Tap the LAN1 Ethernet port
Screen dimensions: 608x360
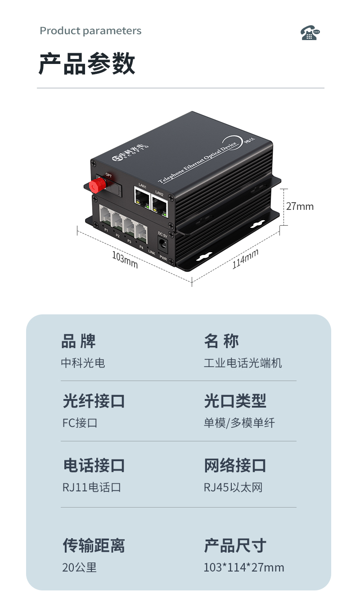point(142,197)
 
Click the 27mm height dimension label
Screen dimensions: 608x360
point(300,206)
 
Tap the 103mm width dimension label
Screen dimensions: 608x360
point(125,260)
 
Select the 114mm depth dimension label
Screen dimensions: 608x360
point(245,259)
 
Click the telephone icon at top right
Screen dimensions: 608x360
point(310,33)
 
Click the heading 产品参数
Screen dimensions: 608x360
point(87,64)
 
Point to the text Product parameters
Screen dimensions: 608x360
point(90,31)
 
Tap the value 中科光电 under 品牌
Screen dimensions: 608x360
point(83,363)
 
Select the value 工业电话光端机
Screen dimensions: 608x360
point(243,363)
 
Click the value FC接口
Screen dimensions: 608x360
point(80,423)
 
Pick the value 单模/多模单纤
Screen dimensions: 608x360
point(239,423)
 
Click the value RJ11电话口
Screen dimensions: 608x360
point(92,487)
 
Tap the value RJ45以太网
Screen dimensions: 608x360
point(233,487)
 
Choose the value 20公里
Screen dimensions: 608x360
point(80,567)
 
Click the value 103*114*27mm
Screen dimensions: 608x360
point(244,567)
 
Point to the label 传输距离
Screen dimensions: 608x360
point(94,545)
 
